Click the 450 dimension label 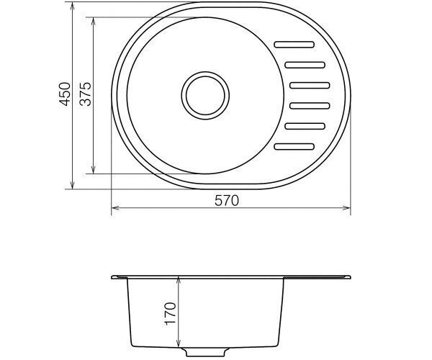tap(65, 94)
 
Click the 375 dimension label tap(85, 94)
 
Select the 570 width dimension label tap(227, 201)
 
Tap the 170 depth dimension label tap(170, 314)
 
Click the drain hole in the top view tap(205, 95)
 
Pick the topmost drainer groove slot tap(294, 45)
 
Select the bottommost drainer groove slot tap(294, 147)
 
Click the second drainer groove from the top tap(305, 65)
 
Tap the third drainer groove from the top tap(310, 86)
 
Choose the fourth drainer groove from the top tap(310, 106)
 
